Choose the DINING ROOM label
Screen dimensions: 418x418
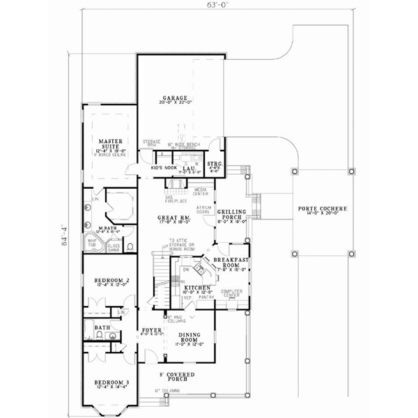[x=187, y=336]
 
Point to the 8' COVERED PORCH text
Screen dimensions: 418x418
[x=179, y=378]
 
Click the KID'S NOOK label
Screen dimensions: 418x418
[x=162, y=168]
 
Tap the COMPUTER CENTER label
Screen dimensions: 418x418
[x=231, y=293]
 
